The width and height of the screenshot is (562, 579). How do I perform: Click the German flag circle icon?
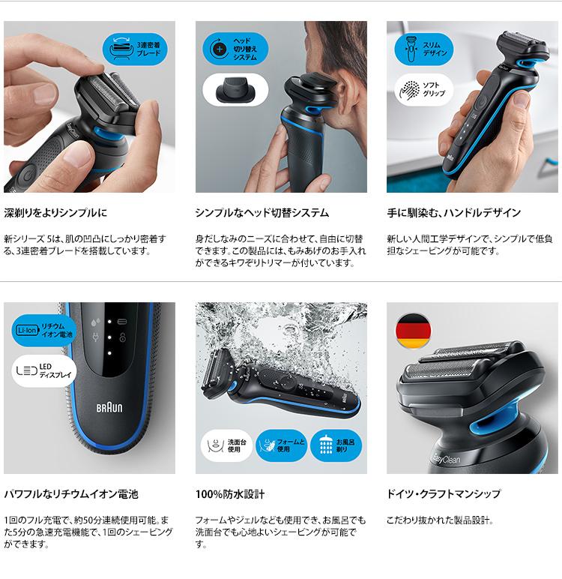coord(413,331)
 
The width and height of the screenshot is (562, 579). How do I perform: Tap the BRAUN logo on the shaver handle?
coord(109,408)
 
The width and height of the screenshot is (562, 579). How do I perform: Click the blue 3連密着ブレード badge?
coord(135,49)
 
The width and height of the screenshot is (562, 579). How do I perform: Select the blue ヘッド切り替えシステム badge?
coord(235,49)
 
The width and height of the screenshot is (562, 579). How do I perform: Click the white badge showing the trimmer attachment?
coord(235,90)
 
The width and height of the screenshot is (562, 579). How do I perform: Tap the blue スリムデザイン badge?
coord(424,49)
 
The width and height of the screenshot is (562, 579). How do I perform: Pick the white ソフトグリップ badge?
coord(424,90)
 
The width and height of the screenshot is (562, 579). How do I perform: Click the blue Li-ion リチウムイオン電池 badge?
coord(44,331)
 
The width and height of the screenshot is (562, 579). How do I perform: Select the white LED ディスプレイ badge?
coord(44,371)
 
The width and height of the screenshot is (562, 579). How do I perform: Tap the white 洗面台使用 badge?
coord(226,445)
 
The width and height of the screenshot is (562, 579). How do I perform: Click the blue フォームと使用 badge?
coord(282,445)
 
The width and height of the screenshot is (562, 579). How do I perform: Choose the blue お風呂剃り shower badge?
coord(336,445)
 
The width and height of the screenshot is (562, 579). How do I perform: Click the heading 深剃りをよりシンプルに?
coord(55,213)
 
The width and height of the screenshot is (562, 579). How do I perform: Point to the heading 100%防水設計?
coord(230,494)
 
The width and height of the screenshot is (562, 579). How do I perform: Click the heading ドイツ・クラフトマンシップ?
coord(444,493)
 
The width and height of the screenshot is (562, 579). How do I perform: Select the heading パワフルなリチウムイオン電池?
coord(71,494)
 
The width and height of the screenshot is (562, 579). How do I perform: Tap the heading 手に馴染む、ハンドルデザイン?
coord(454,213)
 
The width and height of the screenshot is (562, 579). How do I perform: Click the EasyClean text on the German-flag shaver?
coord(446,458)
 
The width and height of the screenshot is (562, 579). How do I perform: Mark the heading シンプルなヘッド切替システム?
coord(262,213)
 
